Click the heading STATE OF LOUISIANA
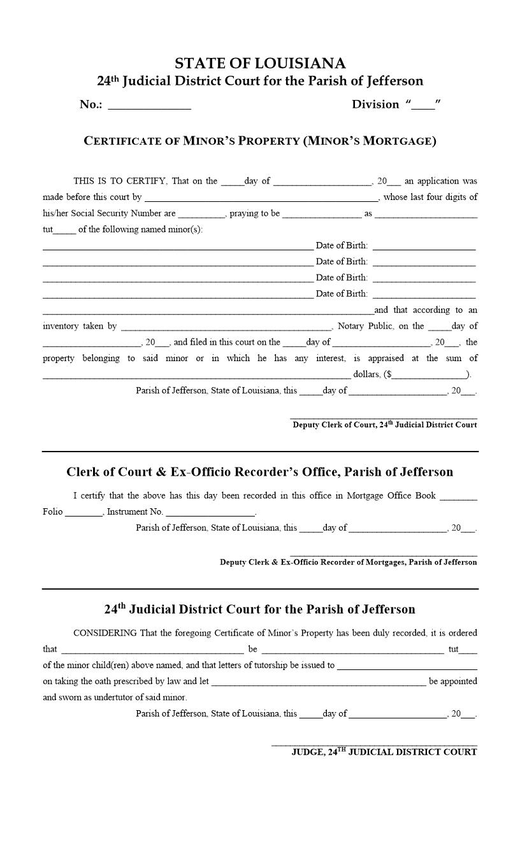pyautogui.click(x=260, y=63)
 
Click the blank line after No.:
pyautogui.click(x=150, y=106)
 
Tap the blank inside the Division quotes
pyautogui.click(x=423, y=106)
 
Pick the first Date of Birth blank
pyautogui.click(x=424, y=246)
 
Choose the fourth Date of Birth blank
pyautogui.click(x=424, y=295)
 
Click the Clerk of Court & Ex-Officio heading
pyautogui.click(x=259, y=472)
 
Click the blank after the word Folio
pyautogui.click(x=83, y=513)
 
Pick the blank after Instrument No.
pyautogui.click(x=210, y=513)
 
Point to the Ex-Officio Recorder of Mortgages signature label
pyautogui.click(x=348, y=562)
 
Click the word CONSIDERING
pyautogui.click(x=105, y=633)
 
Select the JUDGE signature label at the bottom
pyautogui.click(x=384, y=752)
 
